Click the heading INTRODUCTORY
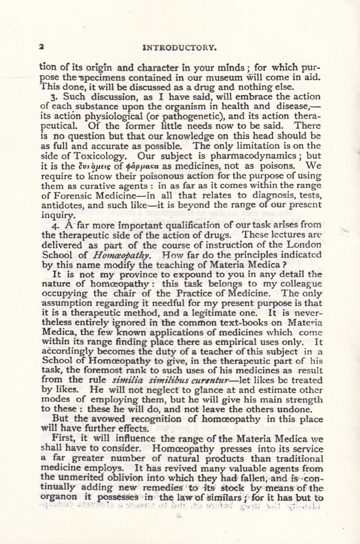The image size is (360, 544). click(x=180, y=47)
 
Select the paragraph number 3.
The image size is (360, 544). click(x=56, y=97)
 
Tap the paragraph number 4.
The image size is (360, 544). click(x=56, y=225)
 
